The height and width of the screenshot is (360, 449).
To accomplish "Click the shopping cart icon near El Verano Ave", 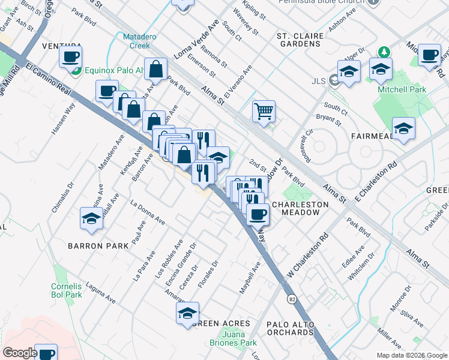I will click(264, 111).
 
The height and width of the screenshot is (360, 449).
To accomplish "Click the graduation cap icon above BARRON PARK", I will click(91, 218).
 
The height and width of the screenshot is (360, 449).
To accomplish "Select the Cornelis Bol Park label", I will click(66, 290).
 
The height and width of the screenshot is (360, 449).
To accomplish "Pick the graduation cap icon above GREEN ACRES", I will click(187, 313).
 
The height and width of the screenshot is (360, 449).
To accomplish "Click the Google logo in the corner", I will click(20, 353).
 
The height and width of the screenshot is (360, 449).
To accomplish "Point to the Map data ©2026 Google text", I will click(411, 355).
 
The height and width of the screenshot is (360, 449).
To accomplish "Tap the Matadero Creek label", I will click(140, 41).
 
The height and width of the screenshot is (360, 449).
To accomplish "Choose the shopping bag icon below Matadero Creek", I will click(155, 69).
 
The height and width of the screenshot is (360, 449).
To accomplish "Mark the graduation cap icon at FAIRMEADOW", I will click(403, 128).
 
